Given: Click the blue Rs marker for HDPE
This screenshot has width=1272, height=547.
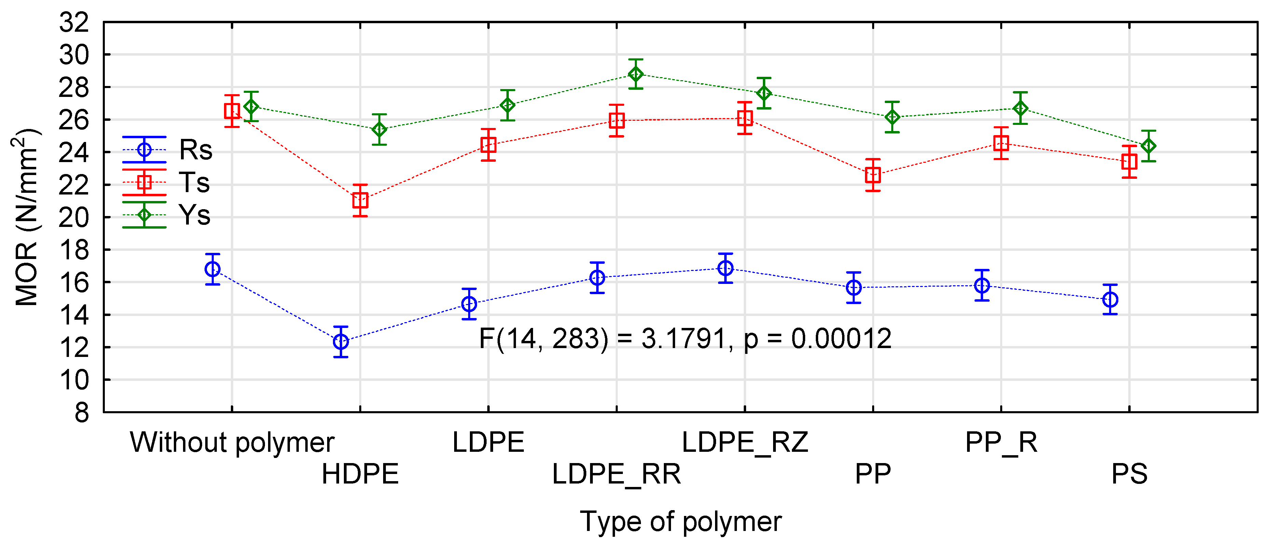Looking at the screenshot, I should point(341,341).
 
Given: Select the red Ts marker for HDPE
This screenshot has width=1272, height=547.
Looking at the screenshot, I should point(361,200).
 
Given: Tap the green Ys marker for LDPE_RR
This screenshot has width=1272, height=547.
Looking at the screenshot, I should point(636,74).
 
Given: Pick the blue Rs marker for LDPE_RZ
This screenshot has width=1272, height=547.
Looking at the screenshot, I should point(725,268).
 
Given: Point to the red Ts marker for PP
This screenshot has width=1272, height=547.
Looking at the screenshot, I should point(873,175).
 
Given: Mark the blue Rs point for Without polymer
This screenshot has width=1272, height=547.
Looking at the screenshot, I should point(213,269).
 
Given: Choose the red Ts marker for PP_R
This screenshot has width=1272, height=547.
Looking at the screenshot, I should point(1002,143).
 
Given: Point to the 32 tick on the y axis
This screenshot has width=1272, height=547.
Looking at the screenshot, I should point(74,23).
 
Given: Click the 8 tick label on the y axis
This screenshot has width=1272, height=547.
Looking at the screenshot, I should point(82,412).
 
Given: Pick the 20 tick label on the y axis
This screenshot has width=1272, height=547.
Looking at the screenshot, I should point(74,217).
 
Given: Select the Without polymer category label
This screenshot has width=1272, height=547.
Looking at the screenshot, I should point(232,442).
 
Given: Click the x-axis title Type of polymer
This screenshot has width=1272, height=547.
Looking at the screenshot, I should point(681,521).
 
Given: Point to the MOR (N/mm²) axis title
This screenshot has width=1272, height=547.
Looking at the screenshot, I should point(26,217).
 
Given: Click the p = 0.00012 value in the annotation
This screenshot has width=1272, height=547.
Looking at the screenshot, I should point(817,339).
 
